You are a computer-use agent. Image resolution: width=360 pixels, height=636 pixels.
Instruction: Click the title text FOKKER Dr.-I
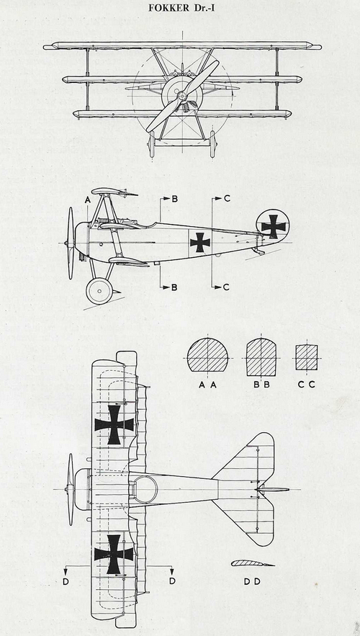pos(180,8)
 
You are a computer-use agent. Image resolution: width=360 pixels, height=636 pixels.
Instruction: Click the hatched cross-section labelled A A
pos(207,354)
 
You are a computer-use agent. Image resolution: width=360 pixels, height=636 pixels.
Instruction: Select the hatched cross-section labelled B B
pos(261,357)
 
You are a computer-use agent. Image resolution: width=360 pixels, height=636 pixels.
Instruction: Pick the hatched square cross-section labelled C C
pos(307,357)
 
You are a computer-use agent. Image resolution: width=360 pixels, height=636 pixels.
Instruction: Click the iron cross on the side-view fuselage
pos(200,243)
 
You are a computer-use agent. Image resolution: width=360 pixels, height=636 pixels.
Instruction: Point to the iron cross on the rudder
pos(274,226)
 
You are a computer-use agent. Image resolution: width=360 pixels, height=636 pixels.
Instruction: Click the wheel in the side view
pos(99,291)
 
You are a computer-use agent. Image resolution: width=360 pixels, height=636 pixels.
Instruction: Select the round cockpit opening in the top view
pos(145,490)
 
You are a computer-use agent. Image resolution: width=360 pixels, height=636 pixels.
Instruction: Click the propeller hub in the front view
pos(182,96)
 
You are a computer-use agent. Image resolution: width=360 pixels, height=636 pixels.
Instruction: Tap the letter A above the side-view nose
pos(87,200)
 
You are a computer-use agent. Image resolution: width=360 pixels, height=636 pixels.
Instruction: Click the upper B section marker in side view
pos(169,199)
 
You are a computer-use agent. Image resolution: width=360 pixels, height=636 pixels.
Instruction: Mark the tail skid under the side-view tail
pos(259,251)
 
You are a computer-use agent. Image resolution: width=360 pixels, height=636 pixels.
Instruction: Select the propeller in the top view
pos(71,490)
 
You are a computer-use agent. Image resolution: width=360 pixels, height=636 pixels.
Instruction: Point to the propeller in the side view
pos(71,243)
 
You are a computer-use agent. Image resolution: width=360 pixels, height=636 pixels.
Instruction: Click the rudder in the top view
pos(274,490)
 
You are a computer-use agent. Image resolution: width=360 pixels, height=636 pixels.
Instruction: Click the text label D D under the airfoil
pos(252,582)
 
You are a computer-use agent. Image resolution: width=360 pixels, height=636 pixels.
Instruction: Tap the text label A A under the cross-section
pos(207,385)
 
